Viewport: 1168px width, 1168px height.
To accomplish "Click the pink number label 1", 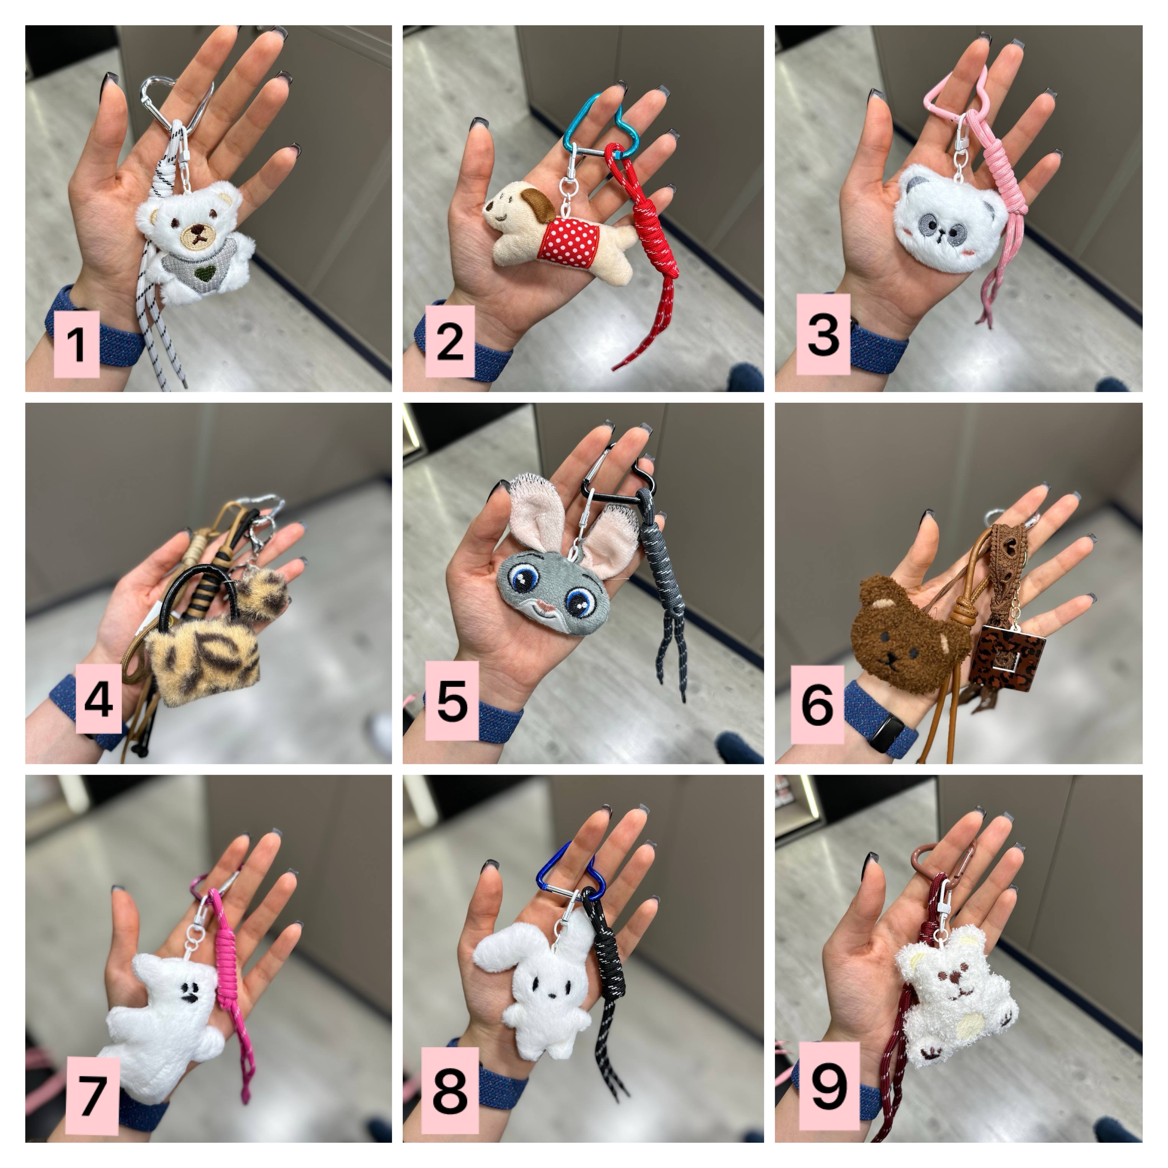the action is pyautogui.click(x=76, y=344).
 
